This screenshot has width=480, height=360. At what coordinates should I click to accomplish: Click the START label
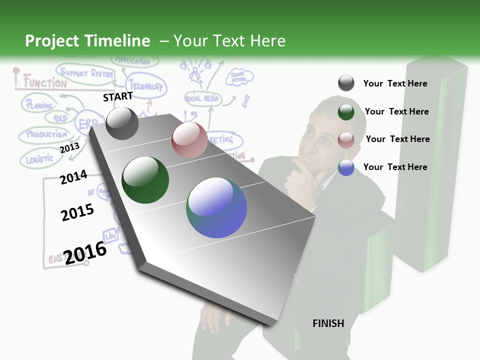pyautogui.click(x=118, y=96)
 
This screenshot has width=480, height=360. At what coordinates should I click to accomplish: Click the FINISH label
pyautogui.click(x=328, y=323)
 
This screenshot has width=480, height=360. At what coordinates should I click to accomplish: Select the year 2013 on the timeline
pyautogui.click(x=69, y=147)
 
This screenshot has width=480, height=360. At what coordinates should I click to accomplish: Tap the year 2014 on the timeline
pyautogui.click(x=73, y=177)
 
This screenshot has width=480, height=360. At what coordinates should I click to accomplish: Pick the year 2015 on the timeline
pyautogui.click(x=77, y=212)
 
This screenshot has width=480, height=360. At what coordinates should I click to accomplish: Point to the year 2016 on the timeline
pyautogui.click(x=85, y=252)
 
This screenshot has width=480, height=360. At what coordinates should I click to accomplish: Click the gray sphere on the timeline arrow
pyautogui.click(x=122, y=123)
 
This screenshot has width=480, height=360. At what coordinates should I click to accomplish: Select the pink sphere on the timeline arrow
pyautogui.click(x=189, y=140)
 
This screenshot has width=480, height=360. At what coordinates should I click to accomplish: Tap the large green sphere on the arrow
pyautogui.click(x=145, y=180)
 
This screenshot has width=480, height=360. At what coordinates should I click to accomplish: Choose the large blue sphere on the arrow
pyautogui.click(x=216, y=207)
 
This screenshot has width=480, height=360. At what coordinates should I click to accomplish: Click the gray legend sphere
pyautogui.click(x=346, y=83)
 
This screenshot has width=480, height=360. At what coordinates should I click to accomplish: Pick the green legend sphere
pyautogui.click(x=346, y=111)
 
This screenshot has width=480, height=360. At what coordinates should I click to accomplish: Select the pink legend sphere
pyautogui.click(x=346, y=139)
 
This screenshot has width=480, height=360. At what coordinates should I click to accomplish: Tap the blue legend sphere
pyautogui.click(x=346, y=167)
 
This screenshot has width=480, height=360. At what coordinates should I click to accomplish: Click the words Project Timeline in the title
pyautogui.click(x=87, y=41)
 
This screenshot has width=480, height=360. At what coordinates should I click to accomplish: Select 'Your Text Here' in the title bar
pyautogui.click(x=229, y=41)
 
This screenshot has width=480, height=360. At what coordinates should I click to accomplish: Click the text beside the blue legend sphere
pyautogui.click(x=395, y=167)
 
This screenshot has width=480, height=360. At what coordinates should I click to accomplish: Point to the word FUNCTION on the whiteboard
pyautogui.click(x=45, y=82)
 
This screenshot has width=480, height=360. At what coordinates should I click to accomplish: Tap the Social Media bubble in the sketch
pyautogui.click(x=202, y=98)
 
